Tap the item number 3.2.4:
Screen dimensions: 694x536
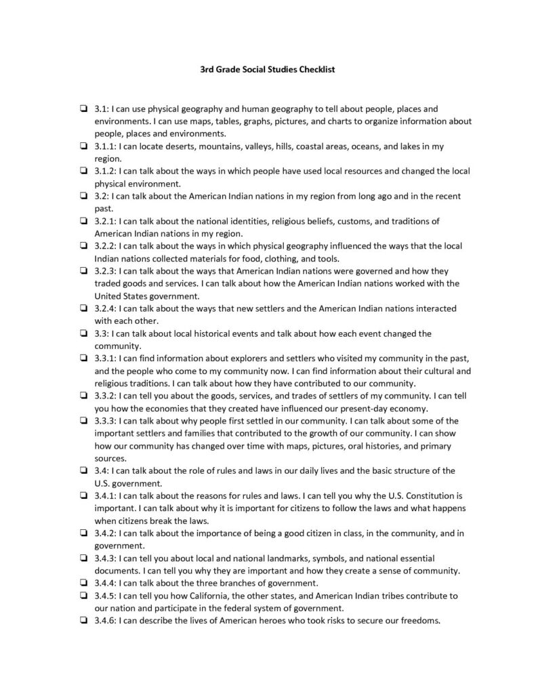pyautogui.click(x=106, y=308)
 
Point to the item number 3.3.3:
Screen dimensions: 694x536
pyautogui.click(x=106, y=420)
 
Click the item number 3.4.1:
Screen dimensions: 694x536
pyautogui.click(x=106, y=495)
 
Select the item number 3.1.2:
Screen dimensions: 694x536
pyautogui.click(x=106, y=171)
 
